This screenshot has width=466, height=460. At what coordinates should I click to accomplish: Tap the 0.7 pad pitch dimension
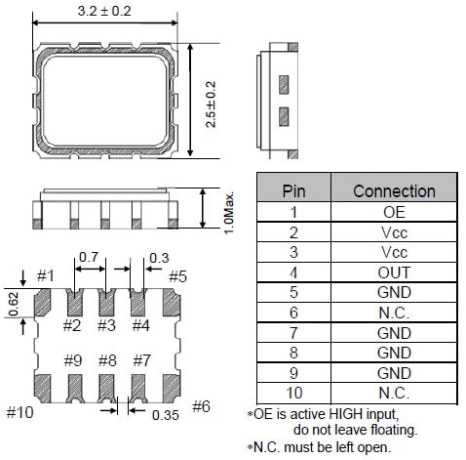pyautogui.click(x=89, y=257)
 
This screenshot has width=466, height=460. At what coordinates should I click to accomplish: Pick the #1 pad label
pyautogui.click(x=44, y=276)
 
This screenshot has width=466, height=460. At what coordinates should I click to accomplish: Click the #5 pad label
pyautogui.click(x=176, y=276)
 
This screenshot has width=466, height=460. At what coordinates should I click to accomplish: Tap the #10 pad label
pyautogui.click(x=19, y=412)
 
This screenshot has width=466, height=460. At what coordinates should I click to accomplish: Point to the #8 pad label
pyautogui.click(x=106, y=360)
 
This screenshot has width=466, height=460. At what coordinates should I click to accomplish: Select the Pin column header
pyautogui.click(x=293, y=191)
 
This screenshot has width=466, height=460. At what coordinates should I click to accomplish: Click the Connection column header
pyautogui.click(x=394, y=191)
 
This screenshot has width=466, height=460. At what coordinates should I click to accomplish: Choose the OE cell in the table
pyautogui.click(x=394, y=211)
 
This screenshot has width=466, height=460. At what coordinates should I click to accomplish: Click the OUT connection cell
pyautogui.click(x=394, y=272)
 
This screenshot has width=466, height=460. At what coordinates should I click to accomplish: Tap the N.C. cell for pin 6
pyautogui.click(x=394, y=313)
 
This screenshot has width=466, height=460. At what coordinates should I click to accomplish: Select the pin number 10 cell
pyautogui.click(x=293, y=393)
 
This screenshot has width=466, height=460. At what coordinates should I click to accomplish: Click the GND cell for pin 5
pyautogui.click(x=394, y=292)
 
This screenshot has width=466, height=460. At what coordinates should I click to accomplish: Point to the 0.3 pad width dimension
pyautogui.click(x=159, y=257)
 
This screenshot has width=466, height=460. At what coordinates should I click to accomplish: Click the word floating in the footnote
pyautogui.click(x=394, y=429)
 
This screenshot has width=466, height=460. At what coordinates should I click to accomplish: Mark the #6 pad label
pyautogui.click(x=202, y=406)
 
